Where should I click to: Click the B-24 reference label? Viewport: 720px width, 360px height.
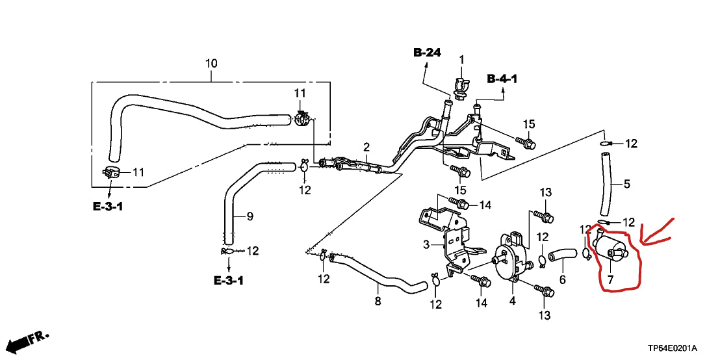coord(427,53)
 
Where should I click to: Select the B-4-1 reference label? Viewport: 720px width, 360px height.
coord(502,79)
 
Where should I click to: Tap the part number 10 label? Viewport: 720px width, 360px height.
coord(211,64)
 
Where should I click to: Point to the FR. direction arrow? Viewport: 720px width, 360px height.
coord(29,340)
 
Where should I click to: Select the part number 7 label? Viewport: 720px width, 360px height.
coord(610,280)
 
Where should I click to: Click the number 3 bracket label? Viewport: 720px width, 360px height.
coord(426,244)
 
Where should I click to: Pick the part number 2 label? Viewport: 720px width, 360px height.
coord(366,147)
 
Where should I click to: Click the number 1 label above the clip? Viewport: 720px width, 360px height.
coord(462,60)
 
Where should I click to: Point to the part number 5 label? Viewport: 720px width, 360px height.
coord(626,184)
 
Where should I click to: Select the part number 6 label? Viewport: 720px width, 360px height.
coord(563,280)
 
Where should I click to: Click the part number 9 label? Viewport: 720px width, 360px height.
coord(250,216)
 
